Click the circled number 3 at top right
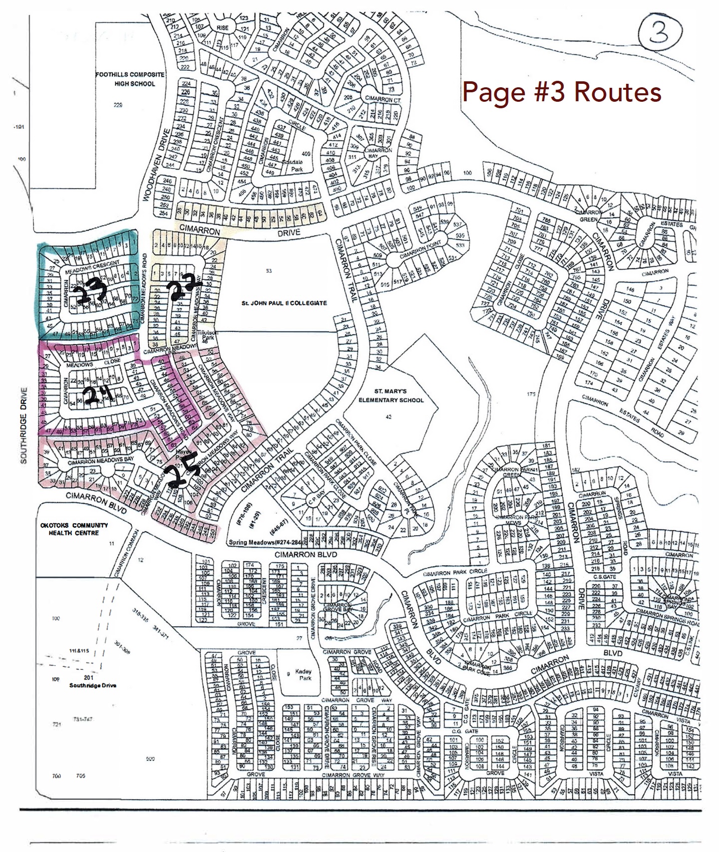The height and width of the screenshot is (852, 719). [660, 31]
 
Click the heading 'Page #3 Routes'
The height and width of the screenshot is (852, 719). [562, 92]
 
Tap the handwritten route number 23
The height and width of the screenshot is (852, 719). [91, 293]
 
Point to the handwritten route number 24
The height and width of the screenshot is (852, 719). [98, 396]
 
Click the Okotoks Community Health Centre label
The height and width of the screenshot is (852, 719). [74, 529]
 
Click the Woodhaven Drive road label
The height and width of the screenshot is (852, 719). [159, 165]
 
